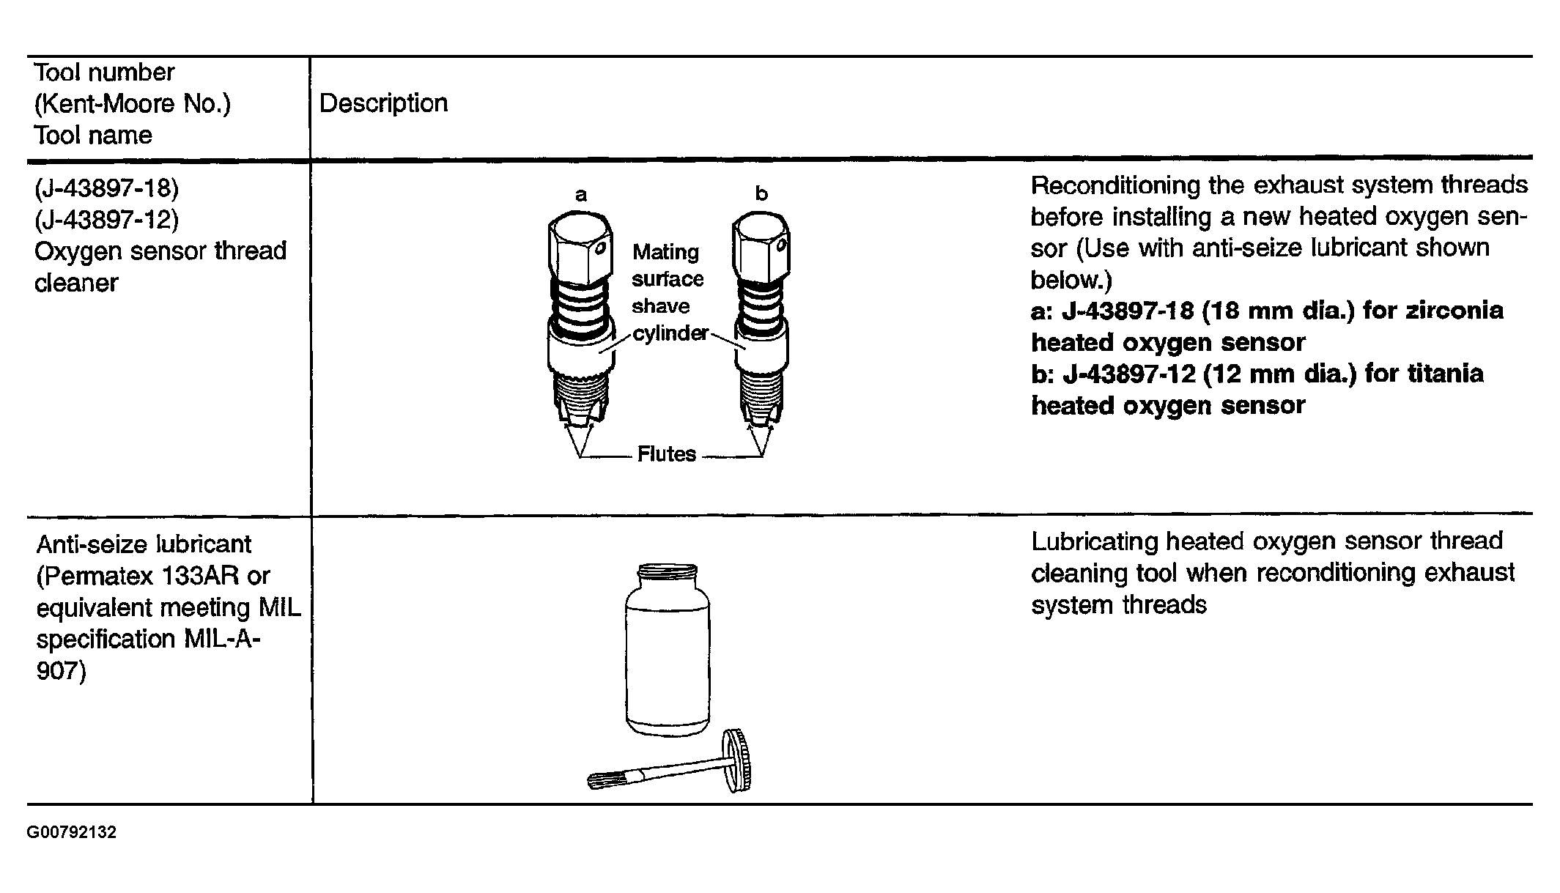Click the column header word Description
click(x=383, y=103)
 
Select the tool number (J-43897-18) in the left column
click(x=106, y=188)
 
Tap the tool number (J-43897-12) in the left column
click(x=106, y=219)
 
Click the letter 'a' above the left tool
click(x=581, y=195)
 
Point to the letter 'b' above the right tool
click(x=761, y=193)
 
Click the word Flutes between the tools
click(x=666, y=454)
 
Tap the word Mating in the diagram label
click(x=665, y=252)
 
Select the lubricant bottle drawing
click(x=668, y=648)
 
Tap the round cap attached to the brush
click(x=738, y=761)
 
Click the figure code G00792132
click(x=72, y=833)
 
